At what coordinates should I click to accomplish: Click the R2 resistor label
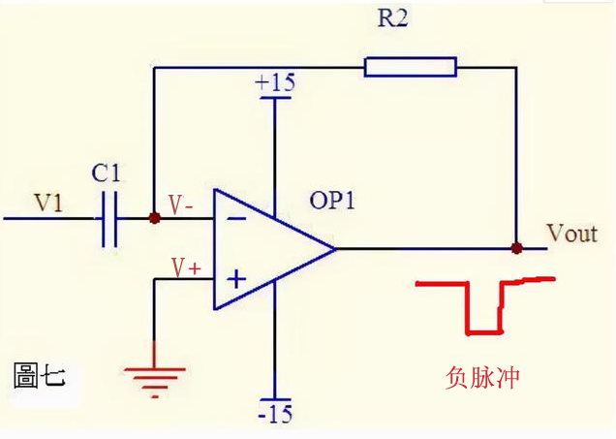[x=392, y=18]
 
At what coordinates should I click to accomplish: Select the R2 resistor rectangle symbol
[x=411, y=67]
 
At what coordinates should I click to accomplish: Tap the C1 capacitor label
[x=106, y=172]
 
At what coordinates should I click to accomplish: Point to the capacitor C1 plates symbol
[x=109, y=219]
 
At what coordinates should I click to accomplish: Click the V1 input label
[x=48, y=203]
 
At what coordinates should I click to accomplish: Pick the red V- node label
[x=180, y=204]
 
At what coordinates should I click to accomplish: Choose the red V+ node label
[x=186, y=268]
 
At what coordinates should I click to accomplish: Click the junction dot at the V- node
[x=155, y=218]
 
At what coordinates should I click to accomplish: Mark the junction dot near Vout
[x=516, y=248]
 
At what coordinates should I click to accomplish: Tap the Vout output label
[x=572, y=234]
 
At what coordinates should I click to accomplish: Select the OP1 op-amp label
[x=332, y=200]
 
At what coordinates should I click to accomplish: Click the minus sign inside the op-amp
[x=237, y=218]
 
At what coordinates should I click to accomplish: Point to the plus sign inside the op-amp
[x=236, y=279]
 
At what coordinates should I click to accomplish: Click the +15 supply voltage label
[x=275, y=82]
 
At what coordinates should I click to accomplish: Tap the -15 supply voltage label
[x=275, y=414]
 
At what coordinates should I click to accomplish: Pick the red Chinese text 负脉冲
[x=482, y=377]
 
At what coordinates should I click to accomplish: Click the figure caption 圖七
[x=40, y=375]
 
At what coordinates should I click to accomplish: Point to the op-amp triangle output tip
[x=335, y=249]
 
